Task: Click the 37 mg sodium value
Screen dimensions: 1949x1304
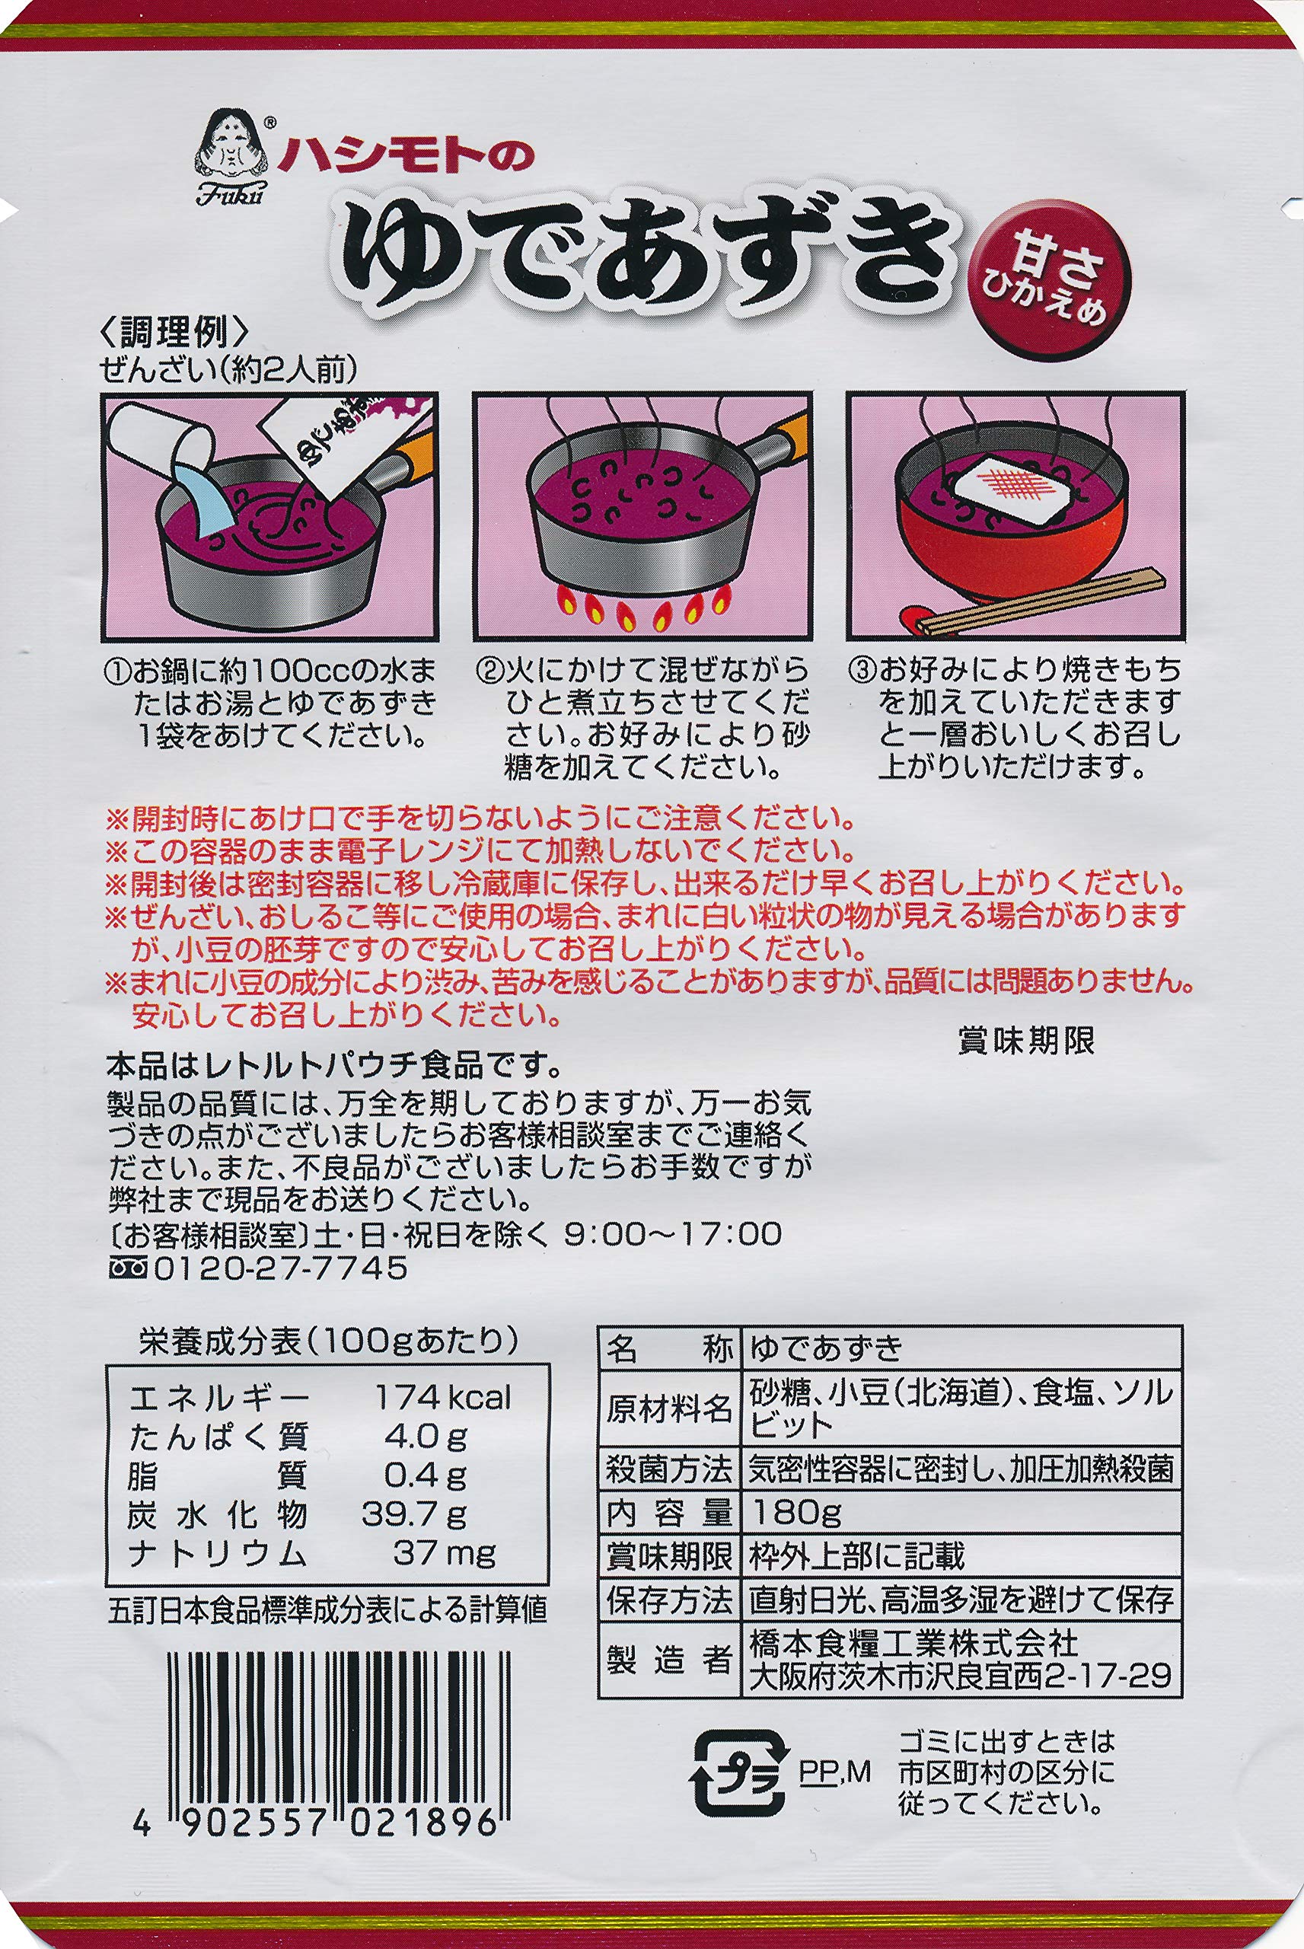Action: pos(444,1554)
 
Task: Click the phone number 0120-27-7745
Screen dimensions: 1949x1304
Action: pos(280,1268)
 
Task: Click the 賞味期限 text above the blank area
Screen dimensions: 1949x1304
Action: pos(1026,1040)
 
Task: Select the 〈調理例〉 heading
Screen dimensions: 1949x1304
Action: pos(174,333)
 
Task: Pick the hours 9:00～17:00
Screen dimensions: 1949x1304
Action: pos(673,1233)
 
